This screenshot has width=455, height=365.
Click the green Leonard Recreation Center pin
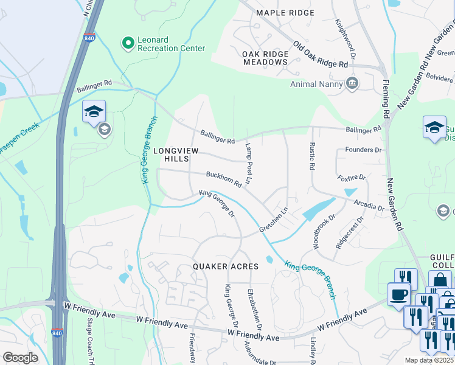point(128,43)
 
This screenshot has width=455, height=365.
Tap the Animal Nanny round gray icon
point(351,84)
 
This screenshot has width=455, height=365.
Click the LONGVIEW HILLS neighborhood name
point(176,154)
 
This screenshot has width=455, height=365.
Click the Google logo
point(21,358)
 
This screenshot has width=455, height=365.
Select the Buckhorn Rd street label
point(224,179)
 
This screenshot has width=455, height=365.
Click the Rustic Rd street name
point(311,157)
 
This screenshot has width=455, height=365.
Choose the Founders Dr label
point(363,150)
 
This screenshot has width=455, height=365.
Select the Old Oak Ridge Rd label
point(320,55)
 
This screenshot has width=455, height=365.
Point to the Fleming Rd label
point(386,98)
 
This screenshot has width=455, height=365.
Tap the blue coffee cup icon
point(398,294)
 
